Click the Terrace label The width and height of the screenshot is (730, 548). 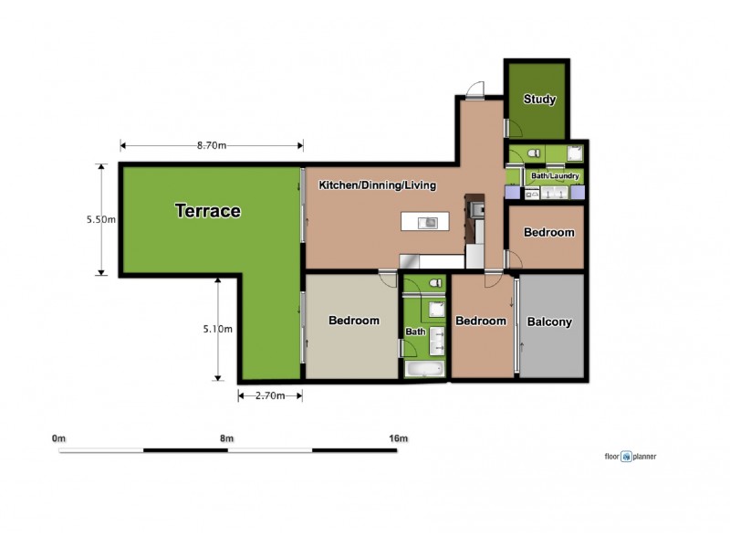click(208, 212)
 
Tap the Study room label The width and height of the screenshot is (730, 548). click(539, 100)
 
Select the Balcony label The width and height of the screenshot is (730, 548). click(550, 321)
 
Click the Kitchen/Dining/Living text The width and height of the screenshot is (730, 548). click(377, 185)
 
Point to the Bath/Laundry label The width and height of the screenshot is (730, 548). click(556, 175)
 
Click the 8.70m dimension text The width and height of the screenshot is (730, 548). click(212, 145)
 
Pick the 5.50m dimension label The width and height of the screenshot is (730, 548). click(100, 220)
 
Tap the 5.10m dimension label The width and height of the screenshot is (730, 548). click(218, 330)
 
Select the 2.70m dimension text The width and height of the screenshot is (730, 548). click(269, 395)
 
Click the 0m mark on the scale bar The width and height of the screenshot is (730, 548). click(59, 439)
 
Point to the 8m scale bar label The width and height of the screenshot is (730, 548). click(227, 439)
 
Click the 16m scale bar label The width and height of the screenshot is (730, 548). click(398, 439)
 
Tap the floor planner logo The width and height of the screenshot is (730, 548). click(630, 456)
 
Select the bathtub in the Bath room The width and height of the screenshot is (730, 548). click(423, 370)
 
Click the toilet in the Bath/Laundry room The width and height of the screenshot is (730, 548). click(535, 153)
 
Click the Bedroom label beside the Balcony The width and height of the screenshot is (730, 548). click(481, 321)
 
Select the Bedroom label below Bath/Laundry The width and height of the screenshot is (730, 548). click(549, 233)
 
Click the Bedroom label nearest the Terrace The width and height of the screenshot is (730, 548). click(354, 321)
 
